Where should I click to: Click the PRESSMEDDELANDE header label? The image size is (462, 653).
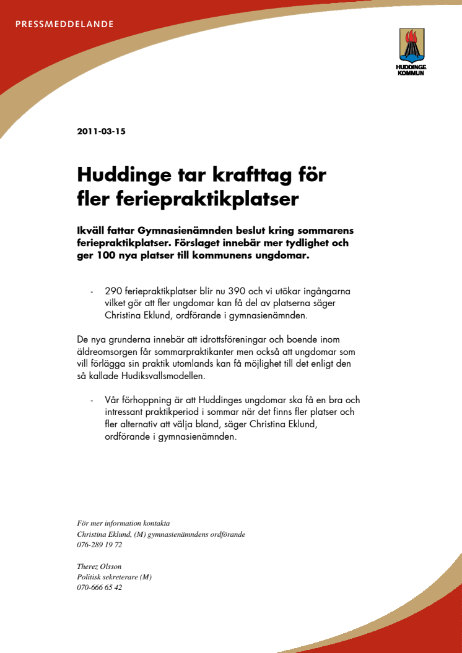(64, 25)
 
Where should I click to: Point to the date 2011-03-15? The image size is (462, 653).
(101, 131)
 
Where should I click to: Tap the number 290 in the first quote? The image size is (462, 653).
(115, 291)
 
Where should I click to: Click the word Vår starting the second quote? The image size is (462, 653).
(114, 399)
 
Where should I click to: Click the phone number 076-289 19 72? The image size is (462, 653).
(100, 545)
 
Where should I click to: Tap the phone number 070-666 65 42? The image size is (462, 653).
(100, 587)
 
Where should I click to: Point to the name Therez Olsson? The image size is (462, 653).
(99, 566)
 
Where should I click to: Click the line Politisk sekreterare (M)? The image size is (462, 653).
(115, 577)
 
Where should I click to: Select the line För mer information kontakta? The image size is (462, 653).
(123, 523)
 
